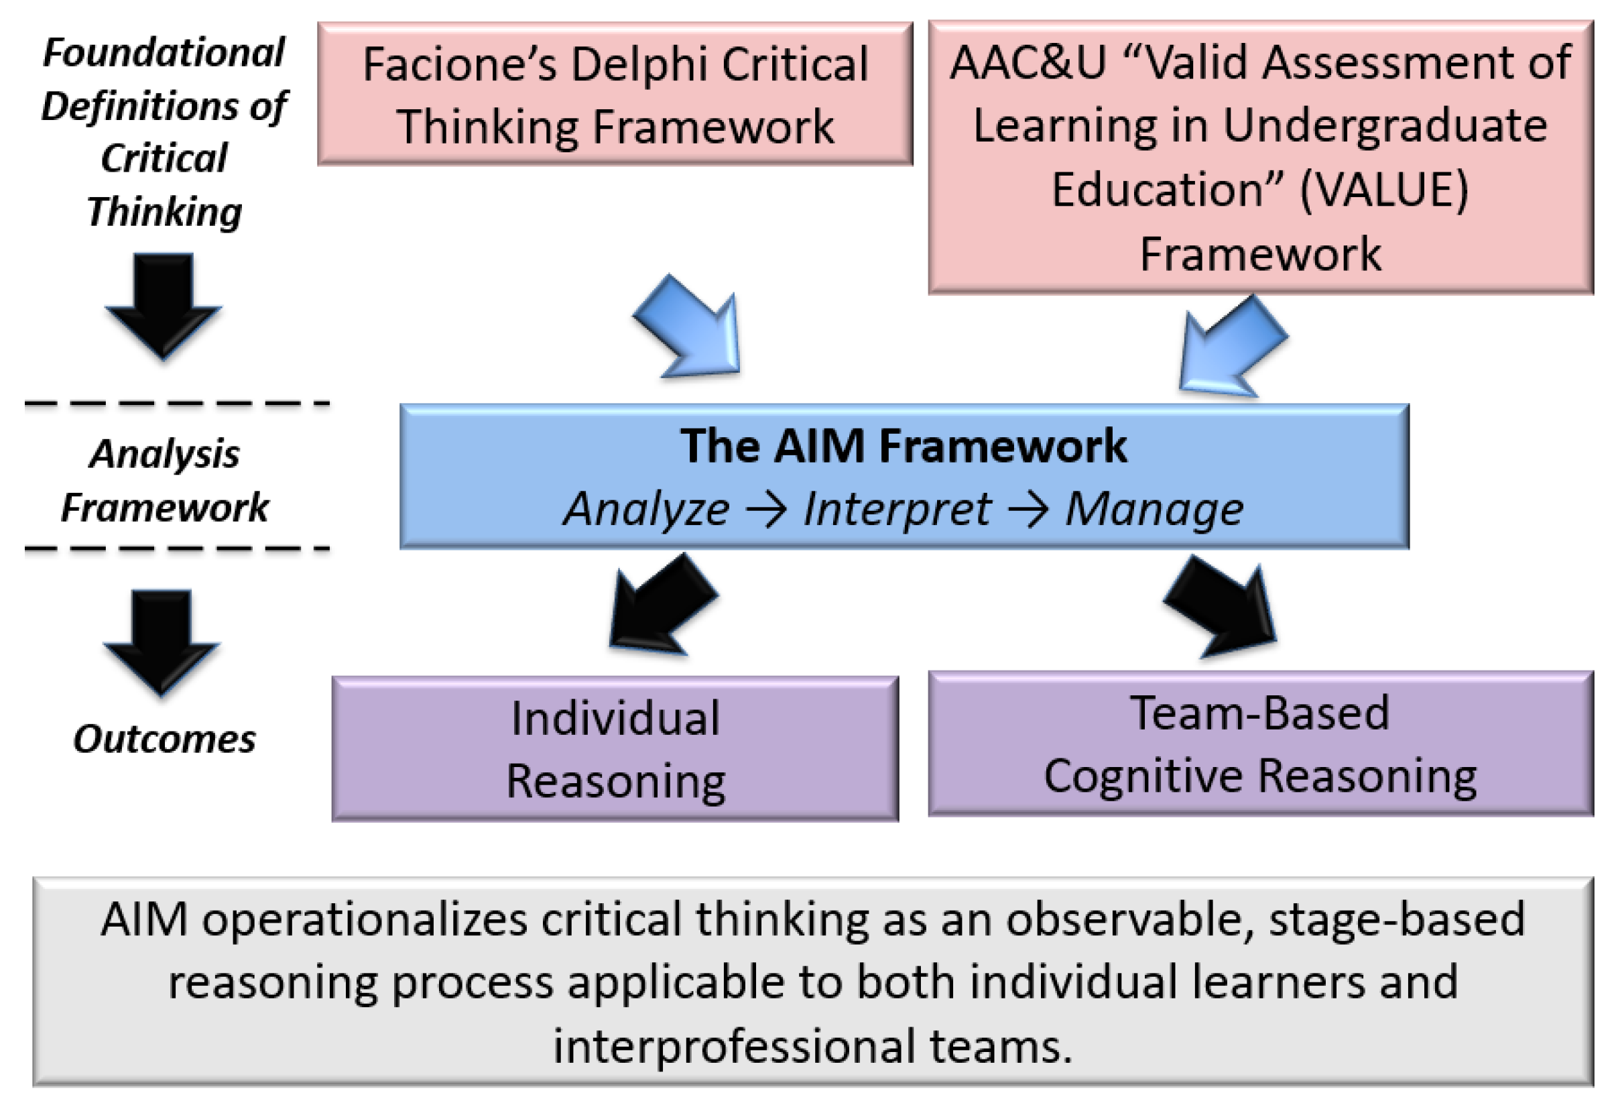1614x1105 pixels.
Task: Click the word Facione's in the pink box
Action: click(459, 64)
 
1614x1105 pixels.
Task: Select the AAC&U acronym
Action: click(1028, 62)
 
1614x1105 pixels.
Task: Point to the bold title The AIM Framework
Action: click(904, 445)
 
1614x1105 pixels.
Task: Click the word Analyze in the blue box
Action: click(646, 509)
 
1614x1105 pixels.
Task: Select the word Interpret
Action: click(897, 509)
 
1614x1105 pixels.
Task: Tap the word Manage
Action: click(1154, 509)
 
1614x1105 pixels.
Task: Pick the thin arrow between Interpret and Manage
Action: click(1028, 509)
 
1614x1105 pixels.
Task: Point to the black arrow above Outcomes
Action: click(162, 642)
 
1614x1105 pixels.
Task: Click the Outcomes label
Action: click(164, 738)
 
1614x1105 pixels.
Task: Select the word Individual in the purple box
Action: click(615, 717)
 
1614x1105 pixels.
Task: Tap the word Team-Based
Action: click(1260, 713)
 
